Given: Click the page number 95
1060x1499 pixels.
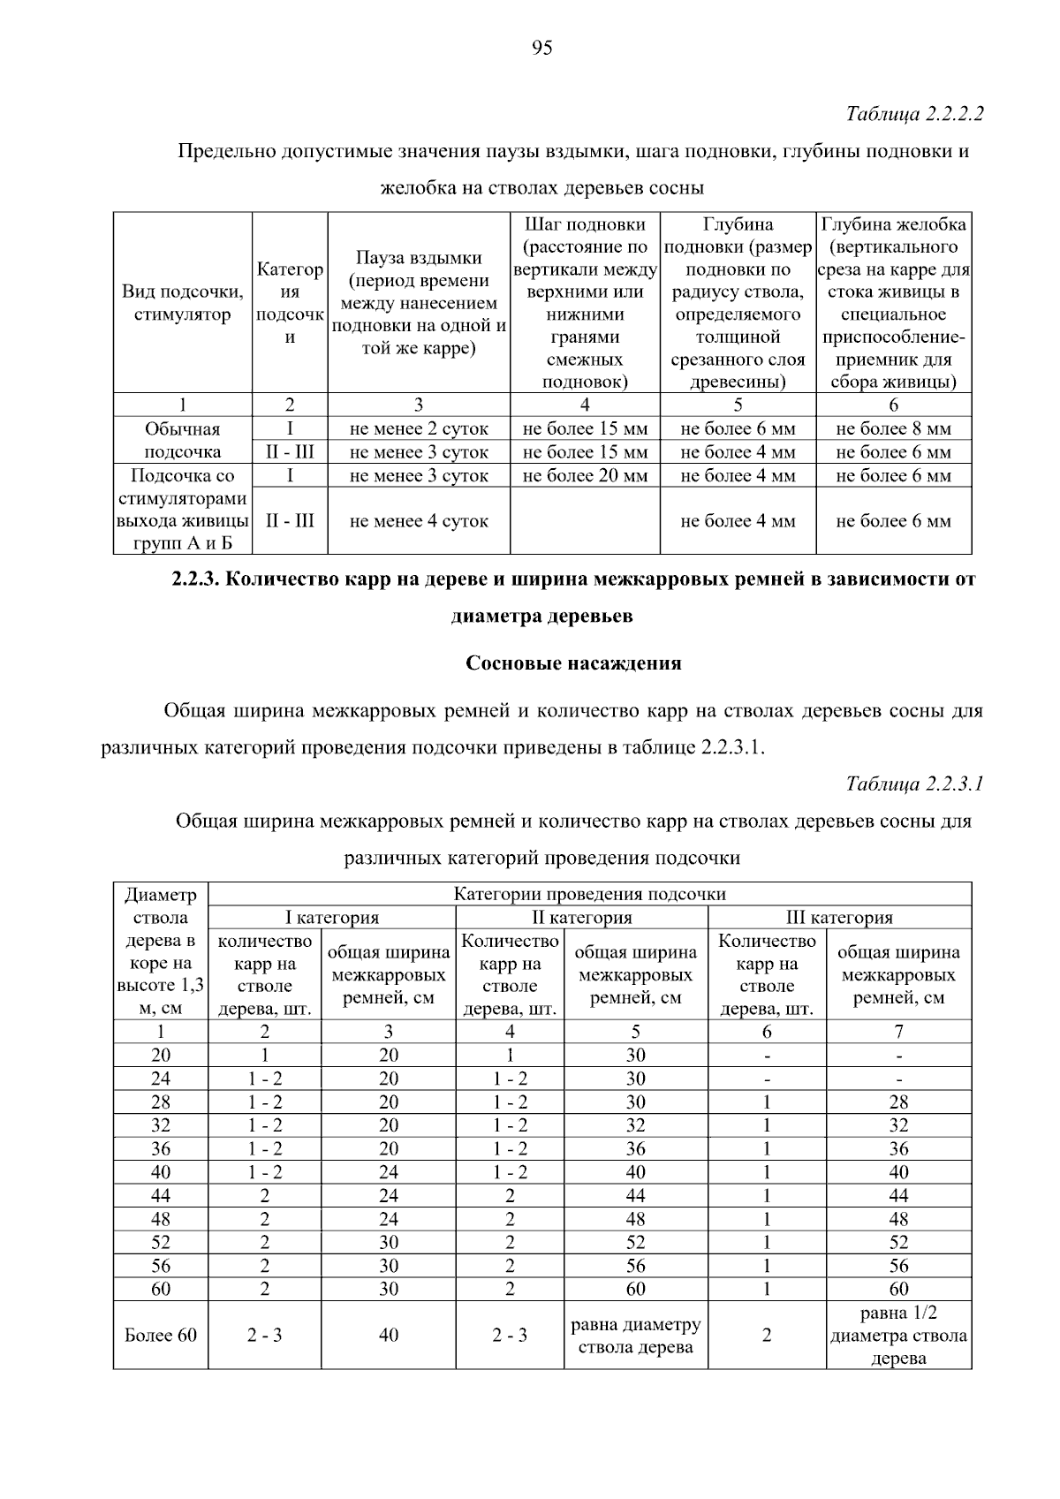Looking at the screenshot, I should pos(542,48).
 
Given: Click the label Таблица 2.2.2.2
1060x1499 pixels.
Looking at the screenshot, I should pos(914,114).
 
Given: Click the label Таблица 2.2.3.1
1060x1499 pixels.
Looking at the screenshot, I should pos(914,784).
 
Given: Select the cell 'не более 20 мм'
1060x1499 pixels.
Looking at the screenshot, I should pos(585,475).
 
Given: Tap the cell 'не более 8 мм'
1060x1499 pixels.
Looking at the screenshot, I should pos(893,428).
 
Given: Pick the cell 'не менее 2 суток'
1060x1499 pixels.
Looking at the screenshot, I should pos(419,428).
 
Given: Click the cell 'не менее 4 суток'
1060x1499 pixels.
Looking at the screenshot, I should pos(419,521).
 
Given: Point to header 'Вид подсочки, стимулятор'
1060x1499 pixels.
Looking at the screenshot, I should pos(182,303).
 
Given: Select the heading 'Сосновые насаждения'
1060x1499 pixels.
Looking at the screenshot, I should pos(573,662).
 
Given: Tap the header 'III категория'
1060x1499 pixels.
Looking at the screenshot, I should pos(839,917).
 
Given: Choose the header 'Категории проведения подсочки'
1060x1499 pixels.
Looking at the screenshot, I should pos(589,894).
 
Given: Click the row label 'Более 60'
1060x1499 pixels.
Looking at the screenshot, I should pos(161,1335).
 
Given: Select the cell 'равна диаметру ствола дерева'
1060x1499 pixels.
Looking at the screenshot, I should pos(635,1335).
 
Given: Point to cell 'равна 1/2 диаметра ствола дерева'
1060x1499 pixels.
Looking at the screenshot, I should pos(898,1335).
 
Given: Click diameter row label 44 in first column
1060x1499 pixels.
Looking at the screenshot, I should pos(161,1195).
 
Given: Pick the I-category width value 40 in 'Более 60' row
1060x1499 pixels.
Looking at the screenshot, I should pos(388,1335).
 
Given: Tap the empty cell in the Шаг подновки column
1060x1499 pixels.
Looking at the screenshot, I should pos(585,521).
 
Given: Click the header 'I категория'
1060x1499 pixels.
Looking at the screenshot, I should pos(331,917).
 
